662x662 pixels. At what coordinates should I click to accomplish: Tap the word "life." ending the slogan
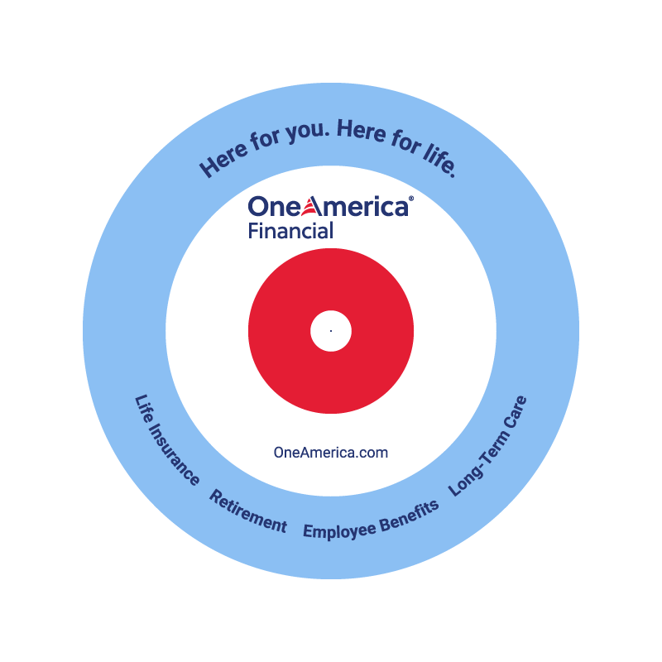(x=440, y=161)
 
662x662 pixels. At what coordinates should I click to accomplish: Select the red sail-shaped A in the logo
(x=313, y=206)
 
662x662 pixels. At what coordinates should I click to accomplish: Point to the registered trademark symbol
(x=411, y=198)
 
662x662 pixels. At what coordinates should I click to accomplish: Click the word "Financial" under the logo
(x=290, y=231)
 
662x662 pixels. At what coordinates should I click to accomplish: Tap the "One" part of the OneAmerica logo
(x=275, y=206)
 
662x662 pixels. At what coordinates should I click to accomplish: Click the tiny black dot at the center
(x=331, y=331)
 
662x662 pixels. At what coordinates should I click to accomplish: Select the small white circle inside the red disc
(x=331, y=331)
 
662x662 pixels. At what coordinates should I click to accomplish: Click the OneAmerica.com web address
(x=330, y=453)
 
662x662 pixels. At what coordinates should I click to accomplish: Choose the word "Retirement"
(x=248, y=511)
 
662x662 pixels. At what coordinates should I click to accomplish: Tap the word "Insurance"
(x=174, y=454)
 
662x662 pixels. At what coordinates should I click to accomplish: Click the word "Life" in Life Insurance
(x=143, y=409)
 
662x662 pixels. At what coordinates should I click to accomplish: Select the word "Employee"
(x=339, y=530)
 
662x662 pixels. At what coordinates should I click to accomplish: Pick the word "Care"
(x=515, y=411)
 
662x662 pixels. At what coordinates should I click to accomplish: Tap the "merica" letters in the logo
(x=366, y=207)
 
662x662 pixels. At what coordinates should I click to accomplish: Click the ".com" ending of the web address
(x=371, y=453)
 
